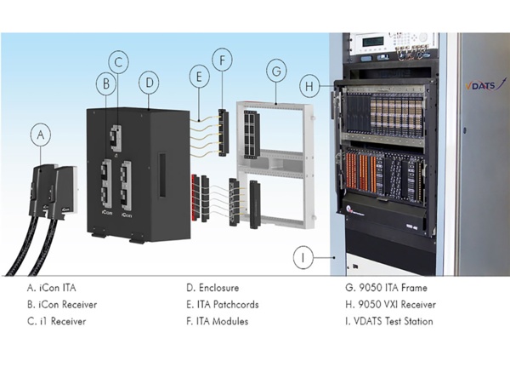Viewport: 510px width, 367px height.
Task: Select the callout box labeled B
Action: (x=106, y=84)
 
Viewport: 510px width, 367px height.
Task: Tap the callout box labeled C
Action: (x=120, y=61)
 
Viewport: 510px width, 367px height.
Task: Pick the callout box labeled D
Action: (x=149, y=83)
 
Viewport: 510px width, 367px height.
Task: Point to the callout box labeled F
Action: (x=222, y=61)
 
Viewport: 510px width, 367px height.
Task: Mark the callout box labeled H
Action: (x=311, y=86)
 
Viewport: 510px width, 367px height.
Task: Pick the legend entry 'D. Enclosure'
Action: (x=212, y=288)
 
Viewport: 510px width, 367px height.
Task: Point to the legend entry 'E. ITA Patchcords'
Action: (x=224, y=304)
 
